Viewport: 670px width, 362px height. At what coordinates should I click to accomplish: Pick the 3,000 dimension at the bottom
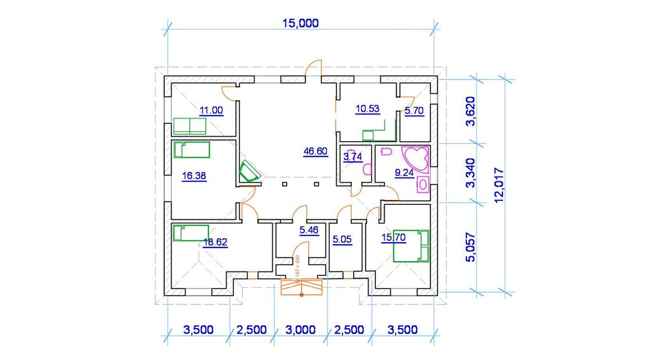[x=300, y=329]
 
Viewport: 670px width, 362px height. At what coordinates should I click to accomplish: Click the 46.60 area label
[x=315, y=152]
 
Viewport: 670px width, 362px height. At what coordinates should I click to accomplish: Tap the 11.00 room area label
[x=211, y=110]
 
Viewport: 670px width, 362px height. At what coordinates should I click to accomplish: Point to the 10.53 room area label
[x=367, y=108]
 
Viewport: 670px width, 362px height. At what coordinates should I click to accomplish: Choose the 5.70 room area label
[x=414, y=112]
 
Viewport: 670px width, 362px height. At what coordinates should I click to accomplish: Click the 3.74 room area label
[x=352, y=157]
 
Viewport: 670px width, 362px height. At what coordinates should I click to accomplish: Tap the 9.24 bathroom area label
[x=404, y=173]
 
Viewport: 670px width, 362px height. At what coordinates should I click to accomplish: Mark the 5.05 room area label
[x=342, y=238]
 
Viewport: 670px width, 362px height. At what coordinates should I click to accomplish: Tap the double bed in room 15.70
[x=411, y=246]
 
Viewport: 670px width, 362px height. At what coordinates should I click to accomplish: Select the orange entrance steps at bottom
[x=301, y=286]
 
